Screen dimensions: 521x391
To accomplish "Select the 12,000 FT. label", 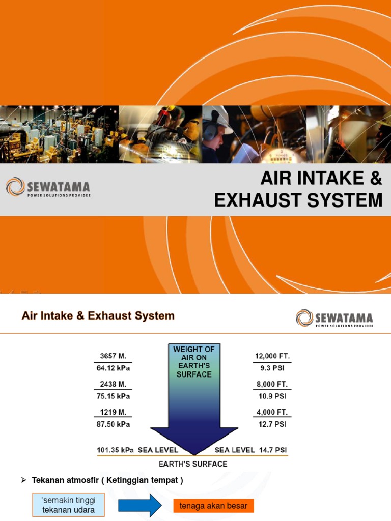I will pyautogui.click(x=271, y=356).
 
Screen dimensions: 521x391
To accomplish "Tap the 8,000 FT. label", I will pyautogui.click(x=271, y=384).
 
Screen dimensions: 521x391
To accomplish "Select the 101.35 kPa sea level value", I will pyautogui.click(x=116, y=450).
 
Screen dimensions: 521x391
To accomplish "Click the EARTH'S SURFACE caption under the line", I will pyautogui.click(x=193, y=464).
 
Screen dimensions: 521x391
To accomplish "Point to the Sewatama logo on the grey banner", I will pyautogui.click(x=48, y=188).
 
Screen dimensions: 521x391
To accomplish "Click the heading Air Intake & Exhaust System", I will pyautogui.click(x=98, y=316).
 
